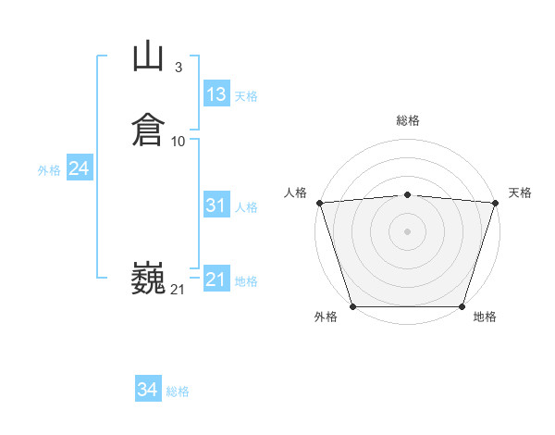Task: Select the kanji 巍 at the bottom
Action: [148, 278]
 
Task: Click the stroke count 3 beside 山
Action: [178, 68]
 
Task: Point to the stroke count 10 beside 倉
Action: [179, 141]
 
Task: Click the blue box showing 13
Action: [216, 94]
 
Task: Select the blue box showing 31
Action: [216, 205]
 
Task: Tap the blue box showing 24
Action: [80, 168]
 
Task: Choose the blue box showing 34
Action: [148, 391]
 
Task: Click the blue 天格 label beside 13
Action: [246, 96]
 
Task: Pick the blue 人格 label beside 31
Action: [247, 207]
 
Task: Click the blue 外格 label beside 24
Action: [49, 170]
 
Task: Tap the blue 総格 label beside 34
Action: [178, 392]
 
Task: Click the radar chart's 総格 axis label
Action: [408, 120]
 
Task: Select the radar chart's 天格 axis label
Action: [520, 193]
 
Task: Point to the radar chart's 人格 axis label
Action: [295, 193]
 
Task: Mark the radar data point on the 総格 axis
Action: [408, 194]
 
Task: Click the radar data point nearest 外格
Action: [352, 306]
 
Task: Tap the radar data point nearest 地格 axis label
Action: [462, 306]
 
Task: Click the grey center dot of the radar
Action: [408, 230]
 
